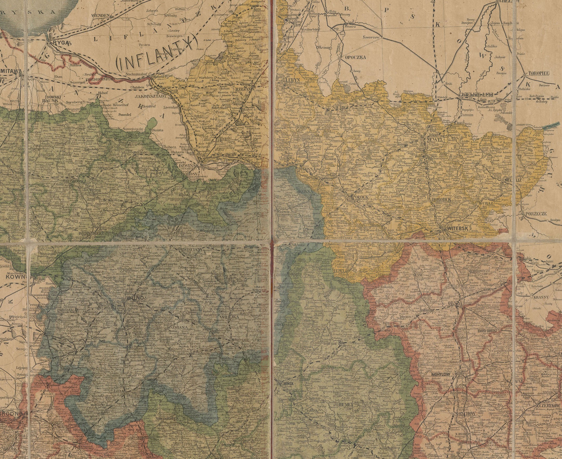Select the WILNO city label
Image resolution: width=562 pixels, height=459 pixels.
[135, 298]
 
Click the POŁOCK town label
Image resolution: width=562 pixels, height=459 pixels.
[361, 198]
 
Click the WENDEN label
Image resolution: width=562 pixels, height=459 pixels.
[100, 16]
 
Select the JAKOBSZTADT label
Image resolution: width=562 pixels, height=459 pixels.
[151, 96]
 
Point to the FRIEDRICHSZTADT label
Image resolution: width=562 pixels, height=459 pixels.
[99, 79]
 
